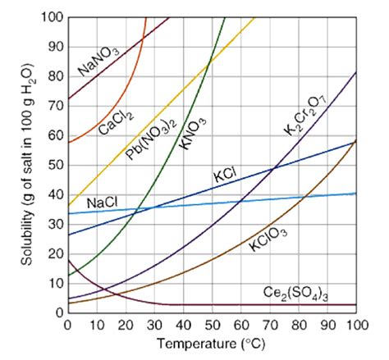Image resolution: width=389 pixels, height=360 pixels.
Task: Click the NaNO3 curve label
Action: pos(99,62)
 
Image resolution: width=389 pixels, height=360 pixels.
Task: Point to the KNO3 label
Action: pos(190,132)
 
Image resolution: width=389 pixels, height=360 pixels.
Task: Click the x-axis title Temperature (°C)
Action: pos(211,344)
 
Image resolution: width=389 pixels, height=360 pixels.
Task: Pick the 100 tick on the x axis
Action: pos(355,325)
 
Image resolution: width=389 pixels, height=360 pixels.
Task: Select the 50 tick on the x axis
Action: pos(211,325)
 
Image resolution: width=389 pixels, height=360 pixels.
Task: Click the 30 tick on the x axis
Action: pos(153,325)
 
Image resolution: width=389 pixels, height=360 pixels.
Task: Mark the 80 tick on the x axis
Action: pos(298,325)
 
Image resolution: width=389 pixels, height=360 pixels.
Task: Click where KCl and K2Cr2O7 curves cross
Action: pos(274,168)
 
